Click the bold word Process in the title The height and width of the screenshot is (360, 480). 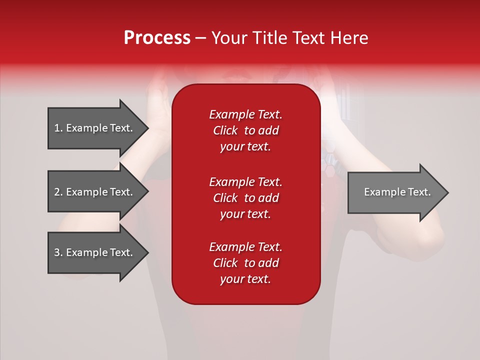157,38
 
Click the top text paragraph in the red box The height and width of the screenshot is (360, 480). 245,130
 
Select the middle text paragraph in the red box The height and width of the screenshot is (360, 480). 245,198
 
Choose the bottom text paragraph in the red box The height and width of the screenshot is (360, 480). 245,263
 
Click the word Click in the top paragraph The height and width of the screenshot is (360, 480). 225,130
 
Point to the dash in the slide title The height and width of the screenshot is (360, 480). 200,38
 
